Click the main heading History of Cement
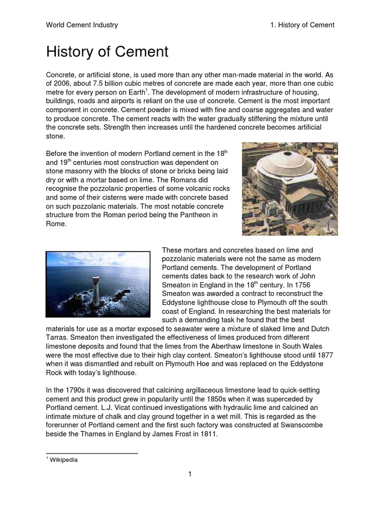click(107, 51)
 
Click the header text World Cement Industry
click(82, 25)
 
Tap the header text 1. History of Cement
click(299, 25)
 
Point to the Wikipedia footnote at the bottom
click(64, 459)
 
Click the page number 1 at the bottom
click(190, 474)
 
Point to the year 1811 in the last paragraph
click(208, 434)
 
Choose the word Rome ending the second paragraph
click(55, 224)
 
